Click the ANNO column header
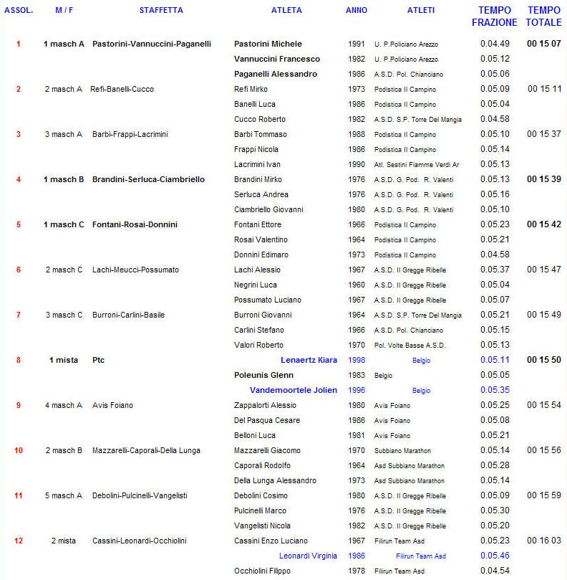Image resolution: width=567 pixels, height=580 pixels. (x=356, y=10)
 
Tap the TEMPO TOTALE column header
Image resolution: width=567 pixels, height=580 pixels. (x=543, y=16)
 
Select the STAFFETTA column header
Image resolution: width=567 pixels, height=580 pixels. (x=161, y=10)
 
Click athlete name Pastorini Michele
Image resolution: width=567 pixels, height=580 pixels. (x=268, y=44)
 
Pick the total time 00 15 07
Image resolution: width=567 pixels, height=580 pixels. (x=543, y=44)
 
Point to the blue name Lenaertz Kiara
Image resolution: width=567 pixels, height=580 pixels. (x=309, y=360)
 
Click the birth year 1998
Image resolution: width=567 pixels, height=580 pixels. (x=357, y=360)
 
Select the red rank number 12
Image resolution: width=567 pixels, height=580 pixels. (x=19, y=541)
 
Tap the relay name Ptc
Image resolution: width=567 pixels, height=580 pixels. (x=98, y=360)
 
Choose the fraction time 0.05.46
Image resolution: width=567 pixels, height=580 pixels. (x=495, y=556)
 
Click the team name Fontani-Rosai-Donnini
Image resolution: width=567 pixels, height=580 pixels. (x=135, y=224)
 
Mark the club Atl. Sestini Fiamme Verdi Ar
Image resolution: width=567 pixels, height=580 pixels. (x=416, y=165)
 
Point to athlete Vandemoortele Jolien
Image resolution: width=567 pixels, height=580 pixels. (x=293, y=390)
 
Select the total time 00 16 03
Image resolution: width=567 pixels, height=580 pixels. (x=544, y=541)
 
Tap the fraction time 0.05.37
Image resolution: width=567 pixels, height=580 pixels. (x=495, y=270)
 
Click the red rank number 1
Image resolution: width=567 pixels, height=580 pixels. (x=19, y=44)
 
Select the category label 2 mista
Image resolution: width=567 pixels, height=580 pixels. (x=64, y=541)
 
